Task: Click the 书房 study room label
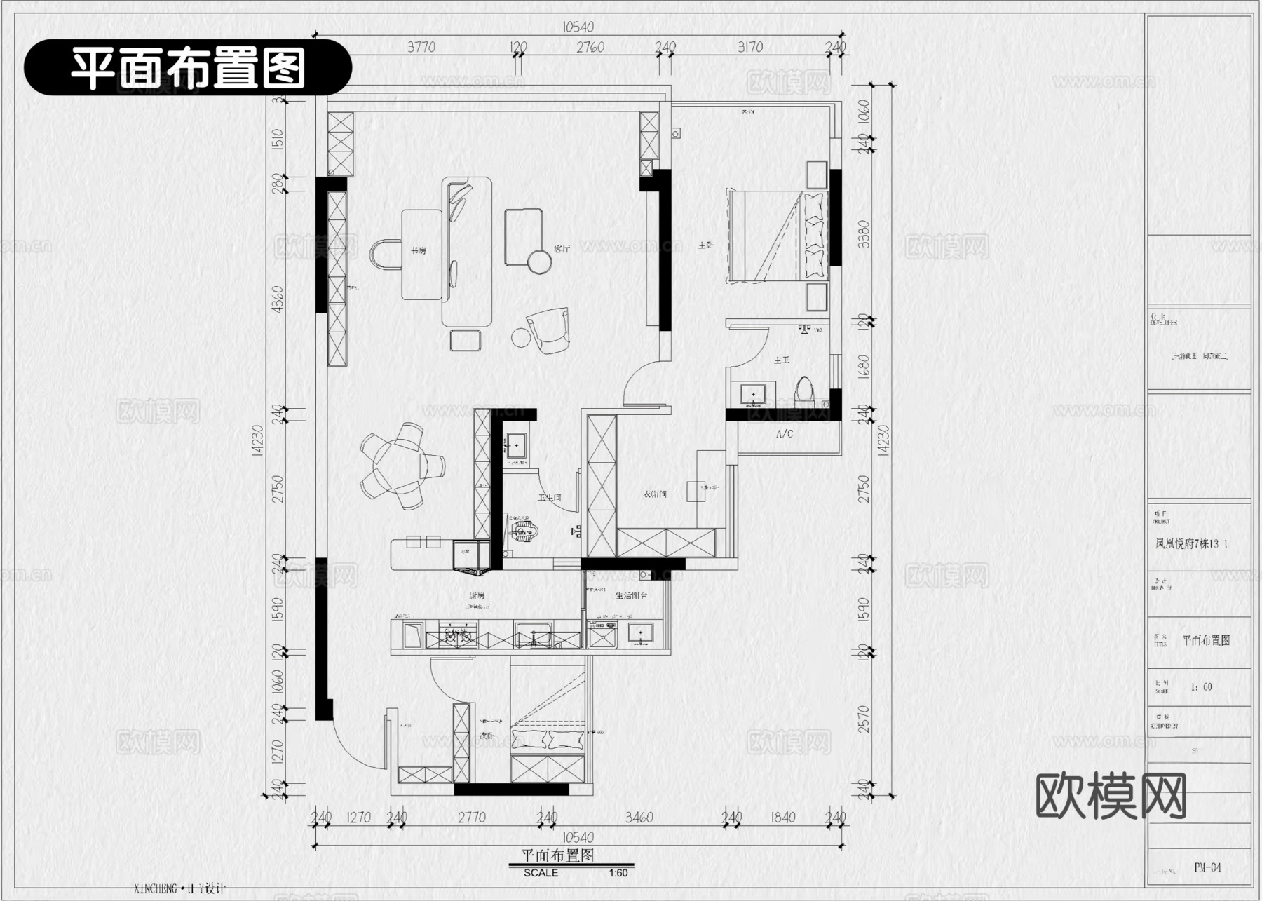[x=419, y=250]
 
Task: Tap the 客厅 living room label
[x=562, y=248]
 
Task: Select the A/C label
[x=784, y=434]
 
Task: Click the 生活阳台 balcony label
[x=631, y=595]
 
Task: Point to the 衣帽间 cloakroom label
[x=655, y=494]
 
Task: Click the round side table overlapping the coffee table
[x=540, y=262]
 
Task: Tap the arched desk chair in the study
[x=384, y=255]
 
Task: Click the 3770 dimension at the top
[x=421, y=47]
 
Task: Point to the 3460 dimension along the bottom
[x=639, y=818]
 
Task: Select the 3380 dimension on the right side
[x=863, y=233]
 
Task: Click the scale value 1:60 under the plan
[x=618, y=873]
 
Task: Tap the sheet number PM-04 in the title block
[x=1207, y=867]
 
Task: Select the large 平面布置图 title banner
[x=188, y=68]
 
